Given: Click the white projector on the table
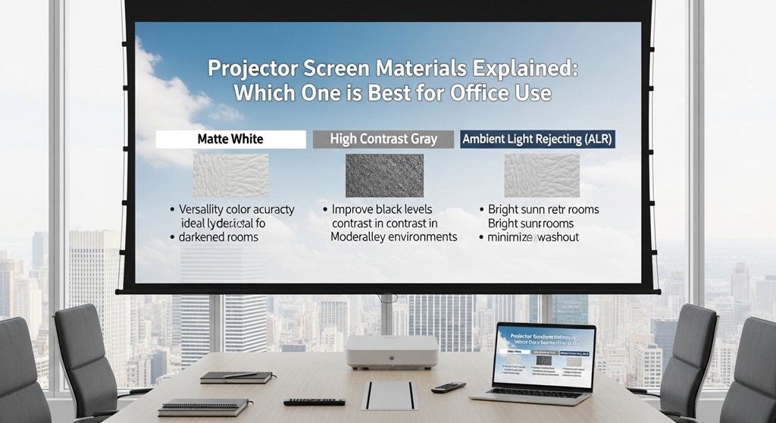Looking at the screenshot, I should pyautogui.click(x=392, y=352).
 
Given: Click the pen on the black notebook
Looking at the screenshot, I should pyautogui.click(x=240, y=374).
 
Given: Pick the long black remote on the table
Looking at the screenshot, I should pyautogui.click(x=314, y=401).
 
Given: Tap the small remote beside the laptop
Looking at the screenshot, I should pyautogui.click(x=448, y=387).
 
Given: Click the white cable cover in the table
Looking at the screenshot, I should pyautogui.click(x=389, y=395).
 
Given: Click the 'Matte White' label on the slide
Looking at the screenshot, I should pyautogui.click(x=230, y=139).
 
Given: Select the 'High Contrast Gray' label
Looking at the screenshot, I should pyautogui.click(x=383, y=139).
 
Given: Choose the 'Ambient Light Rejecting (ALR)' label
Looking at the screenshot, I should pyautogui.click(x=537, y=139).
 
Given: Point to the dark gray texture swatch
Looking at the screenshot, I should pyautogui.click(x=383, y=176).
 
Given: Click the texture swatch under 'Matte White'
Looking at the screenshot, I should pyautogui.click(x=230, y=176).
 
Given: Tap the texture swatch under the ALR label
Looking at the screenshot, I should pyautogui.click(x=542, y=176).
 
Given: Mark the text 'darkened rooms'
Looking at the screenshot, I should pyautogui.click(x=219, y=237).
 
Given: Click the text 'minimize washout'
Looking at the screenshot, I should pyautogui.click(x=533, y=237).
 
